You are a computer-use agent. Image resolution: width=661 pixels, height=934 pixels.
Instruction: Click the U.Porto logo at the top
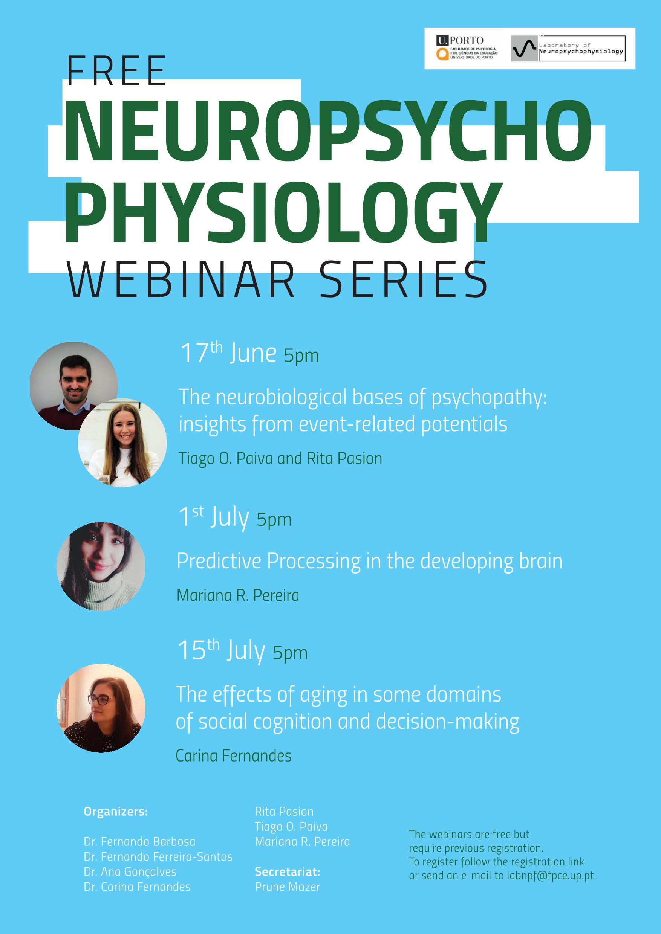click(467, 48)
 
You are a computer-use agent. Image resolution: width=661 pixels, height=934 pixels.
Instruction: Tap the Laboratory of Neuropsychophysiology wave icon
click(524, 49)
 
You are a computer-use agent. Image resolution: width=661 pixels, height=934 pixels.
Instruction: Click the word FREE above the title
click(117, 71)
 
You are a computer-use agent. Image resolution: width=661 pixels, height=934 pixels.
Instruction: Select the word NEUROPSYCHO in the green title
click(327, 131)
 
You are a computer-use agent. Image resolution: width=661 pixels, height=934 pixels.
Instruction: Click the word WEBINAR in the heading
click(182, 280)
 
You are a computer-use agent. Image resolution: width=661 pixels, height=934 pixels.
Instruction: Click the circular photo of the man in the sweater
click(73, 386)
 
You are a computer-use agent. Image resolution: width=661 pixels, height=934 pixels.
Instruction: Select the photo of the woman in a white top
click(122, 443)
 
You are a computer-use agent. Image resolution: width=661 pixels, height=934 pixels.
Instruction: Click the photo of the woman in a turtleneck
click(101, 566)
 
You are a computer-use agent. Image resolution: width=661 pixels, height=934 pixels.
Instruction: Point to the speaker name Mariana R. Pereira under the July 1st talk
click(238, 595)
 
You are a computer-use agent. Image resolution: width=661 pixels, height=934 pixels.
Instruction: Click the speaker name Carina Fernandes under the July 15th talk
click(234, 756)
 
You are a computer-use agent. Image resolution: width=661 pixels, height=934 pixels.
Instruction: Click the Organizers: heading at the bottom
click(116, 812)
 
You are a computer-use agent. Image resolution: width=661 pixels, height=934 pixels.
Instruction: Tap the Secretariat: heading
click(288, 872)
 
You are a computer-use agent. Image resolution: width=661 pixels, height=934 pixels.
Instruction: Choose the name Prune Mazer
click(288, 887)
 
